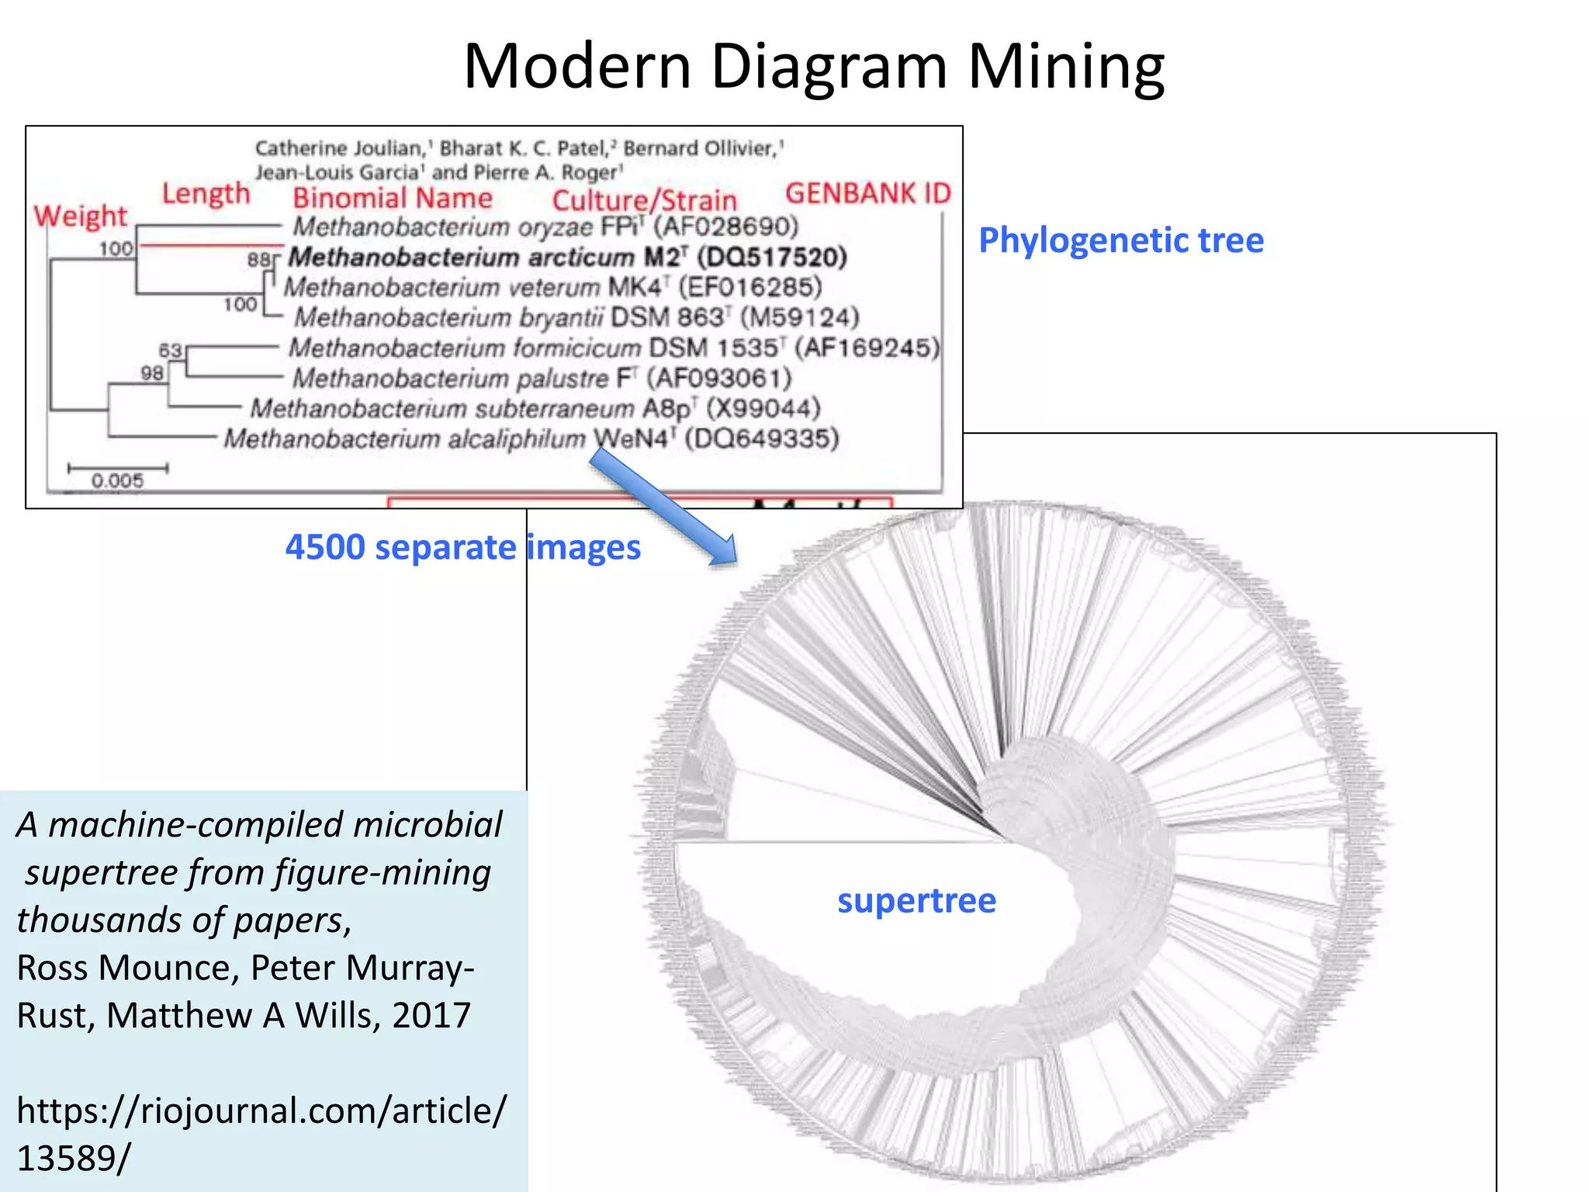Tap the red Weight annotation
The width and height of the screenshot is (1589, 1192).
[80, 216]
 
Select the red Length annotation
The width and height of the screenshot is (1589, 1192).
[206, 194]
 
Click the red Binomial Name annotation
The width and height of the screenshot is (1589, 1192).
[393, 199]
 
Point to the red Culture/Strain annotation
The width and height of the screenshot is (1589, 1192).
[644, 201]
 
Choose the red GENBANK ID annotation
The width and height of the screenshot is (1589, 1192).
[867, 193]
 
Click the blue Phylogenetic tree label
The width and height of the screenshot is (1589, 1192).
[1120, 241]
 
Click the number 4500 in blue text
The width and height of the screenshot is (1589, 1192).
[324, 548]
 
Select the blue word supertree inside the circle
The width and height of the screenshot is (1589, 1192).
[916, 901]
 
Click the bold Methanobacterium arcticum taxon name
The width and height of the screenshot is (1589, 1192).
[461, 257]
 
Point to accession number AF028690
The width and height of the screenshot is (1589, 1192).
[725, 227]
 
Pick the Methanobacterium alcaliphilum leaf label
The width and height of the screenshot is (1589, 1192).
[403, 439]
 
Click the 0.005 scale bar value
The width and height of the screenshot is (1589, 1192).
[117, 481]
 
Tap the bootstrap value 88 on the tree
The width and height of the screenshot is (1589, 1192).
[258, 260]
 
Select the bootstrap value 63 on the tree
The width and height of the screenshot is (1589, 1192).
[170, 351]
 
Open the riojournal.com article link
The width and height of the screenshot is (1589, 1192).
[261, 1133]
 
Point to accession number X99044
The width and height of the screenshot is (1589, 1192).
[763, 408]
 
